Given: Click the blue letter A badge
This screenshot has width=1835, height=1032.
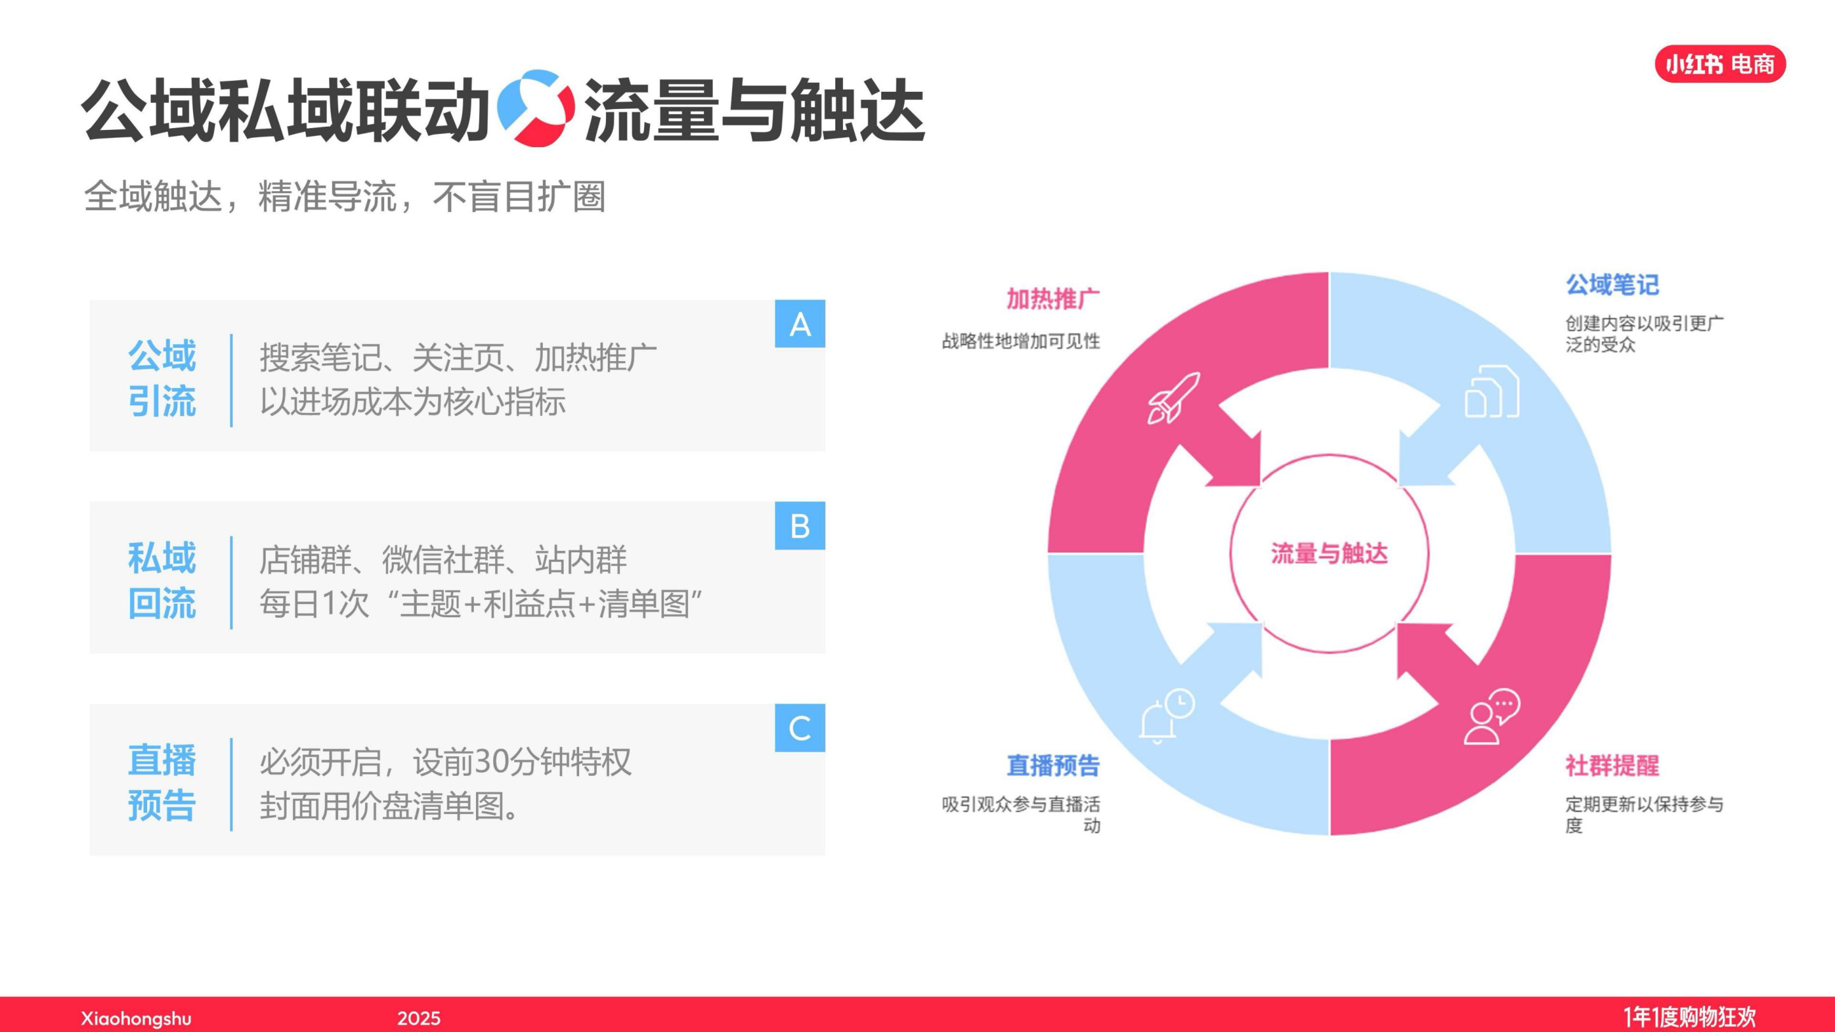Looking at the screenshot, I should tap(800, 324).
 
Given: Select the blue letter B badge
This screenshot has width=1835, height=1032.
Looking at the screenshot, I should tap(800, 526).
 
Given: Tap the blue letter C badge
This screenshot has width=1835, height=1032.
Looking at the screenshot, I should tap(800, 728).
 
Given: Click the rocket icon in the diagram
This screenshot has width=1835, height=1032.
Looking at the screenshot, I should tap(1172, 398).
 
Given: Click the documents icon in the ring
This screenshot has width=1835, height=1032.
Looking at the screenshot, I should tap(1491, 392).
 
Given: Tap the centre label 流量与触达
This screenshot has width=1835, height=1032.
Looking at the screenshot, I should tap(1329, 554).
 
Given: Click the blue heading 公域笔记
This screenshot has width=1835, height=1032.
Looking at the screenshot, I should tap(1612, 285).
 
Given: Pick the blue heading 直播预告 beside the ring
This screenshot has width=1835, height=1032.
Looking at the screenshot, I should tap(1053, 766).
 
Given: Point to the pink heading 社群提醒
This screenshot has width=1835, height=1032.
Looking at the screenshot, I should tap(1612, 766).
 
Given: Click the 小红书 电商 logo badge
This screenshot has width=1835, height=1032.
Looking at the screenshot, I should tap(1720, 64).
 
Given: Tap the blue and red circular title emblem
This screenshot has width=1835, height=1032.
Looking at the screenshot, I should tap(536, 108).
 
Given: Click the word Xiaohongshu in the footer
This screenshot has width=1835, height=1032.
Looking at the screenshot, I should tap(136, 1018).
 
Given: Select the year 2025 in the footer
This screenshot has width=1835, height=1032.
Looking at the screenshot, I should tap(419, 1018).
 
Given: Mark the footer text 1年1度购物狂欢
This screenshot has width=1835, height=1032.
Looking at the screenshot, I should tap(1690, 1016).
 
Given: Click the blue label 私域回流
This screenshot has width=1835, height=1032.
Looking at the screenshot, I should tap(162, 580).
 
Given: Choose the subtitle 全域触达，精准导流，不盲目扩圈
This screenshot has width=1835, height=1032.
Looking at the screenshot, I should tap(345, 197).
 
